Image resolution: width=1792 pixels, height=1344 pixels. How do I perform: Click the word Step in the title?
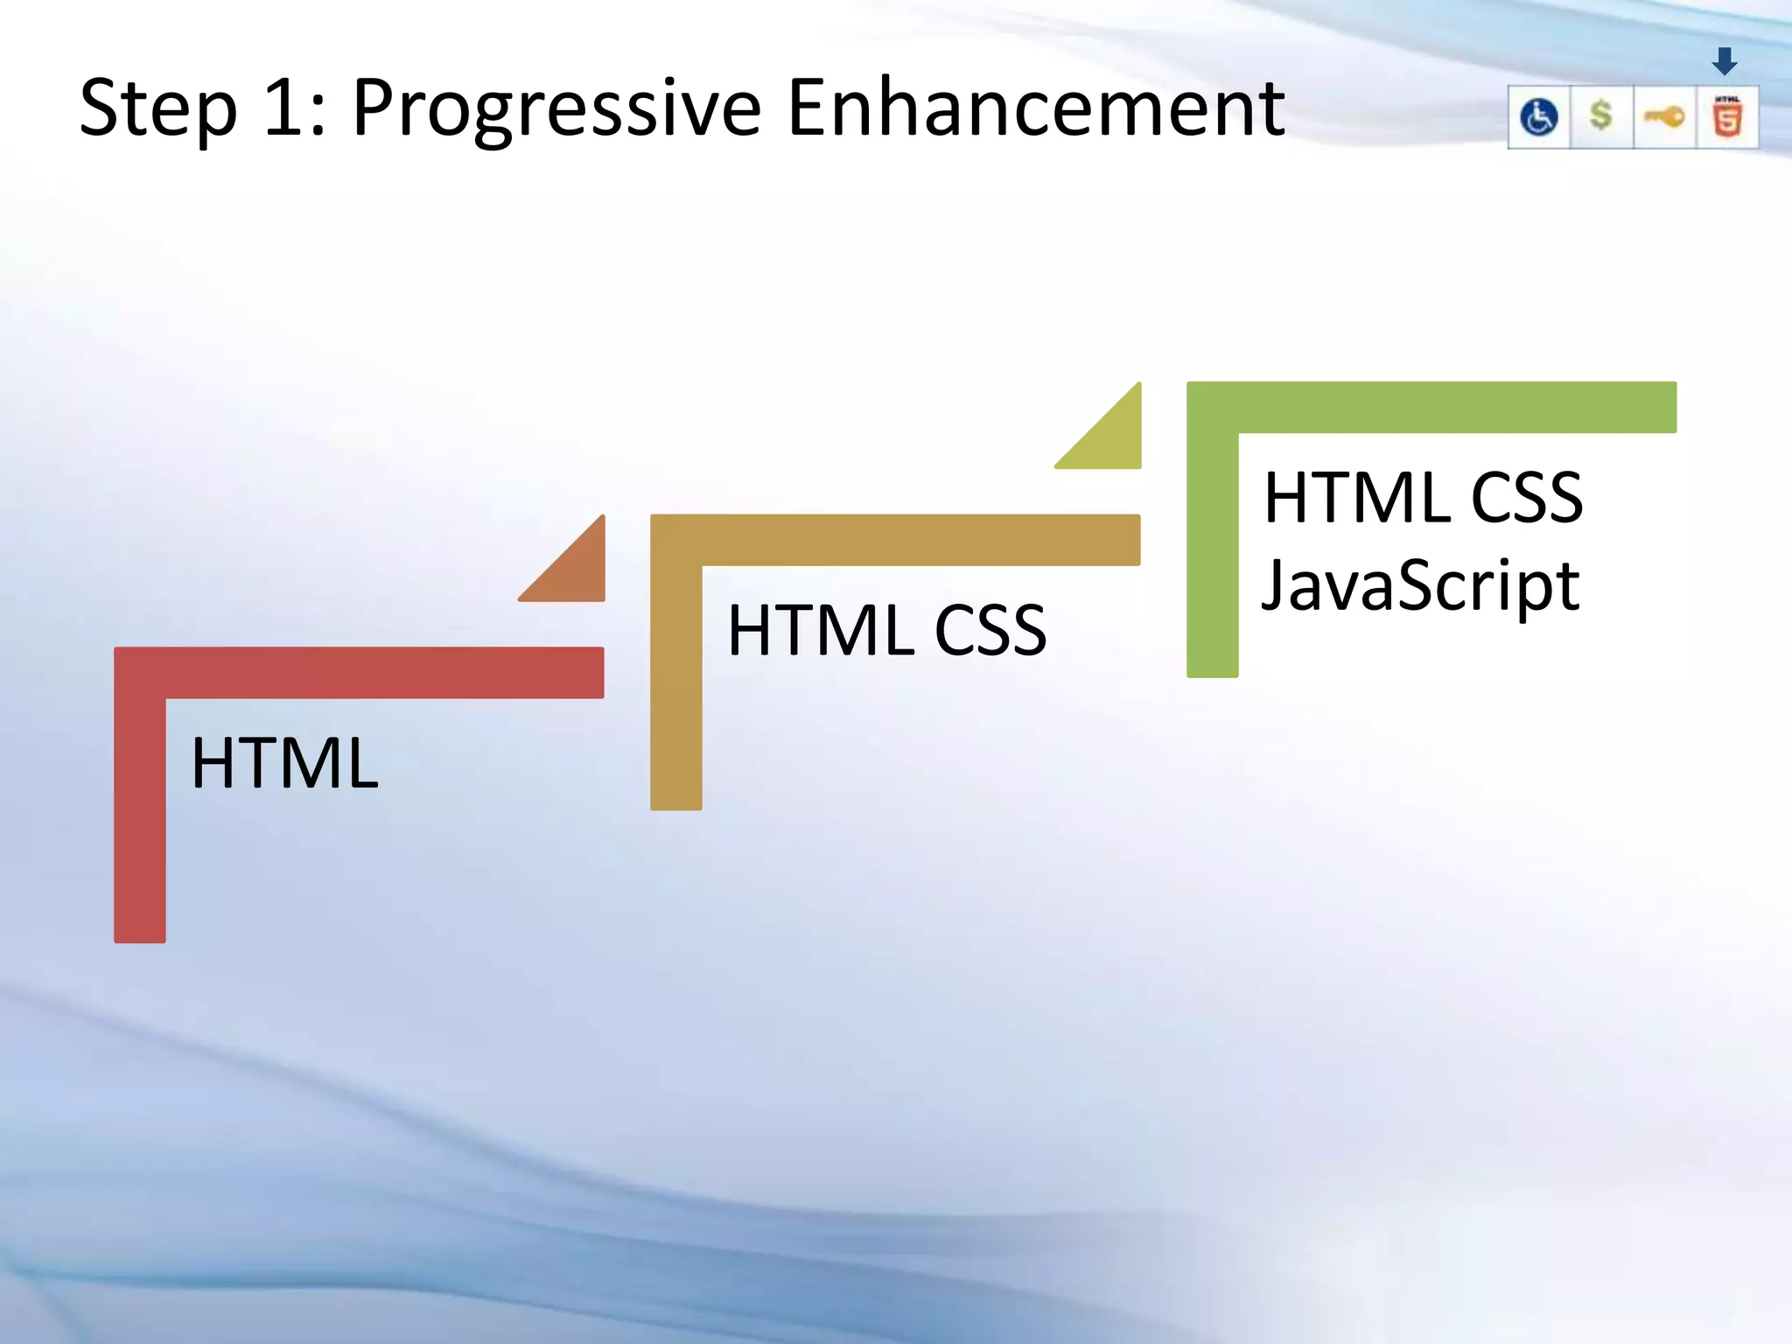(x=157, y=109)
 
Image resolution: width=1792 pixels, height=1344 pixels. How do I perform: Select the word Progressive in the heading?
(x=556, y=109)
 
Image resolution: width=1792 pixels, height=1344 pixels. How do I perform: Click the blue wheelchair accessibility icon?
(x=1539, y=117)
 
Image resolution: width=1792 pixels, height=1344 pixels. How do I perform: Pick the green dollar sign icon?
(x=1601, y=115)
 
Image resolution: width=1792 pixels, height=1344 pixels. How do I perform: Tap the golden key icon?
(x=1664, y=116)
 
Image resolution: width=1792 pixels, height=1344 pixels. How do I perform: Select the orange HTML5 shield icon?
(x=1727, y=117)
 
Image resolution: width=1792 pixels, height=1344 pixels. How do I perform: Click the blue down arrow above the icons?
(x=1725, y=61)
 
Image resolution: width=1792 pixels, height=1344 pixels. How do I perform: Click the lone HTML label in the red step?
(x=284, y=763)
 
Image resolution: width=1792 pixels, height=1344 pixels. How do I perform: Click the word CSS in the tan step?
(x=990, y=630)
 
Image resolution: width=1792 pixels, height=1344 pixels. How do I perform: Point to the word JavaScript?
(x=1420, y=585)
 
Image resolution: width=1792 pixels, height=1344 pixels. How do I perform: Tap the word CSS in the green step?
(x=1527, y=497)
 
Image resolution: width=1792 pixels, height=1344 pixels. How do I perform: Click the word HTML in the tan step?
(x=821, y=630)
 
